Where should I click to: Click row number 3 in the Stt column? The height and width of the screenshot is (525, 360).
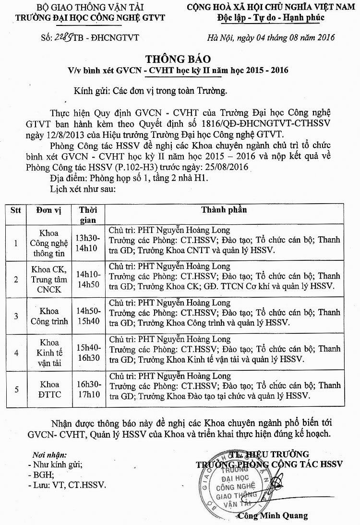[16, 316]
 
